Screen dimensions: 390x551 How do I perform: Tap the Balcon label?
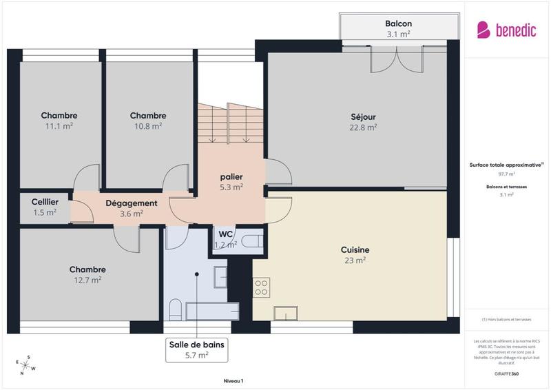click(x=398, y=23)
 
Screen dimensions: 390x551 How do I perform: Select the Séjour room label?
click(x=363, y=116)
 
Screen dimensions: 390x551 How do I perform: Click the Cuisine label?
click(x=355, y=249)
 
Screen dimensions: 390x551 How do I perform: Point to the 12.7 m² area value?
click(x=87, y=280)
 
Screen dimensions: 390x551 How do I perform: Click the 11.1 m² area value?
click(x=59, y=126)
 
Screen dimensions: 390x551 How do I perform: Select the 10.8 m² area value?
click(x=147, y=126)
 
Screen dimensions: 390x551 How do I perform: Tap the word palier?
click(x=231, y=176)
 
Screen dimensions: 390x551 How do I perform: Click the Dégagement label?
click(x=131, y=203)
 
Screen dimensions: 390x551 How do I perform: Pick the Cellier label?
click(x=45, y=201)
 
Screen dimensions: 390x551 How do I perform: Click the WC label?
click(x=226, y=234)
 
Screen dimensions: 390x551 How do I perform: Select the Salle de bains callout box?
click(x=197, y=349)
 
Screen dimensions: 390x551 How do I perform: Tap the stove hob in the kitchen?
click(x=261, y=287)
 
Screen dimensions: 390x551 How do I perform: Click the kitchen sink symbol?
click(x=284, y=313)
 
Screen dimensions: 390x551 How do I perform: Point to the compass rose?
click(x=24, y=365)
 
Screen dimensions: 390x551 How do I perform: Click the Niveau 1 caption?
click(x=233, y=380)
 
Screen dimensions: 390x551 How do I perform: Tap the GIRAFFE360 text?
click(x=506, y=373)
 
